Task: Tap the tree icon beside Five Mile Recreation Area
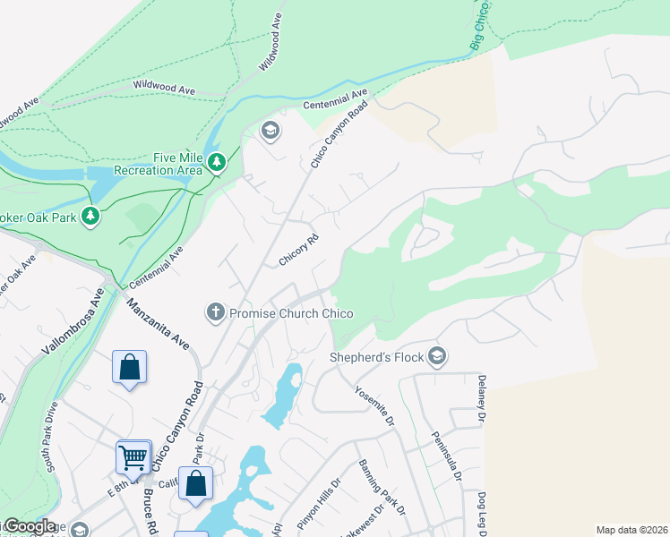(x=216, y=162)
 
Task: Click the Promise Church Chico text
(x=291, y=313)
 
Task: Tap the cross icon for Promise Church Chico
(x=215, y=312)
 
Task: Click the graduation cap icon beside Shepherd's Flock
(x=437, y=357)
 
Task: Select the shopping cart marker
(x=133, y=457)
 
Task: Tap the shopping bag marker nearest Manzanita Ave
(x=129, y=367)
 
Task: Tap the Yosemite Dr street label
(x=375, y=405)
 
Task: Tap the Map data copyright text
(x=631, y=530)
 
